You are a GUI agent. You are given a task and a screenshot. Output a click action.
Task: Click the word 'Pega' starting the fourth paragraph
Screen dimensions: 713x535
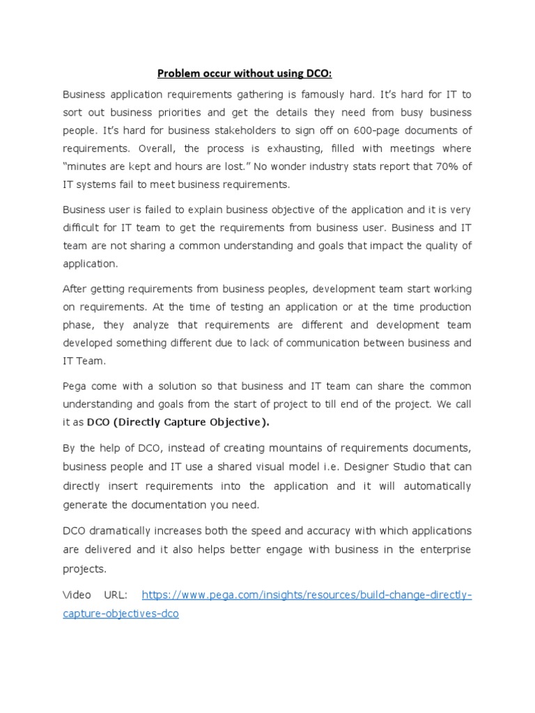75,386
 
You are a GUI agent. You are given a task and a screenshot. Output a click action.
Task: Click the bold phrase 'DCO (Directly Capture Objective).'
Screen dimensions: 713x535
178,423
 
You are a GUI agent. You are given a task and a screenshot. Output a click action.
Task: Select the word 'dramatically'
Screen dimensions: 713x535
121,531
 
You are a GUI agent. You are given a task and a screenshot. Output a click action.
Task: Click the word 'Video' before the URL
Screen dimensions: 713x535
77,595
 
